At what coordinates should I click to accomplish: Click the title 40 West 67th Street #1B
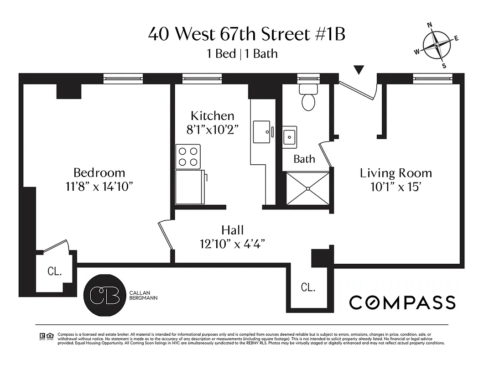246,35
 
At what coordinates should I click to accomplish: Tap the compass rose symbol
437,45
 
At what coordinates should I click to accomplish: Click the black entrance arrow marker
359,70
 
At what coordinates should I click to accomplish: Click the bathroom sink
289,137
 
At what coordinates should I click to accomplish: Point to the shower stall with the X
308,188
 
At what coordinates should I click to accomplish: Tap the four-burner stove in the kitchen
188,156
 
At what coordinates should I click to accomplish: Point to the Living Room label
396,173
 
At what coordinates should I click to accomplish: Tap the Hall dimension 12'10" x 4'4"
233,244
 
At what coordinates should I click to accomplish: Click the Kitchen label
212,116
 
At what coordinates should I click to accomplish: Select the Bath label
304,159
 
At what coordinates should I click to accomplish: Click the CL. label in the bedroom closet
55,271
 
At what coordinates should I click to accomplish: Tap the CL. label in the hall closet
308,287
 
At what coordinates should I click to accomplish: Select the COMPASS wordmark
402,302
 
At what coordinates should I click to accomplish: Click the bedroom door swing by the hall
165,235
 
